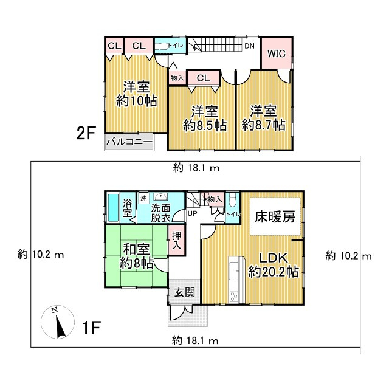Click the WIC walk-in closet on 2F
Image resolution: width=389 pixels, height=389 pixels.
[277, 53]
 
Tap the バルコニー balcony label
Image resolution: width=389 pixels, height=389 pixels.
[129, 142]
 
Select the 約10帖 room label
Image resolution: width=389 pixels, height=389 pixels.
[137, 102]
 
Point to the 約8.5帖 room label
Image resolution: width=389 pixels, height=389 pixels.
[205, 125]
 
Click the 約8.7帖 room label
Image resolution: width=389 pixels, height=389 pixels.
[263, 125]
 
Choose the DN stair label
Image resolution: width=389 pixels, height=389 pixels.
[249, 46]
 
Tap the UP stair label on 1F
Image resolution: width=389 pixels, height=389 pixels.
[192, 213]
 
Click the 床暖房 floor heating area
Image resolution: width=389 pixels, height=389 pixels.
[275, 216]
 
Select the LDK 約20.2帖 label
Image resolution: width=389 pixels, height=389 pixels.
[274, 265]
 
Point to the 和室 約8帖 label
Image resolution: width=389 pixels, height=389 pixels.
[136, 256]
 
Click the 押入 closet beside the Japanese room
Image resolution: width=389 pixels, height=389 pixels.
[177, 240]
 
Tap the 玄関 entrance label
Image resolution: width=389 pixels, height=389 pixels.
[184, 293]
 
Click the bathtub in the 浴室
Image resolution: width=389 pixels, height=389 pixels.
[114, 208]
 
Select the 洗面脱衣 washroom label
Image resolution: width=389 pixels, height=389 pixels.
[160, 213]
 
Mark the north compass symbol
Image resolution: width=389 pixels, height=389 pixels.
[58, 322]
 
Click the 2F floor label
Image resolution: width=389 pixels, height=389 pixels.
[86, 134]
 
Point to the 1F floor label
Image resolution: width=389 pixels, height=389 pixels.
[91, 328]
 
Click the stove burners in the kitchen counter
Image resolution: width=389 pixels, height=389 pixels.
[233, 296]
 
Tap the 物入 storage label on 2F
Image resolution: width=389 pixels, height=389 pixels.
[177, 78]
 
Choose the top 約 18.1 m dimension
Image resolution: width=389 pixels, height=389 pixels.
[196, 168]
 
